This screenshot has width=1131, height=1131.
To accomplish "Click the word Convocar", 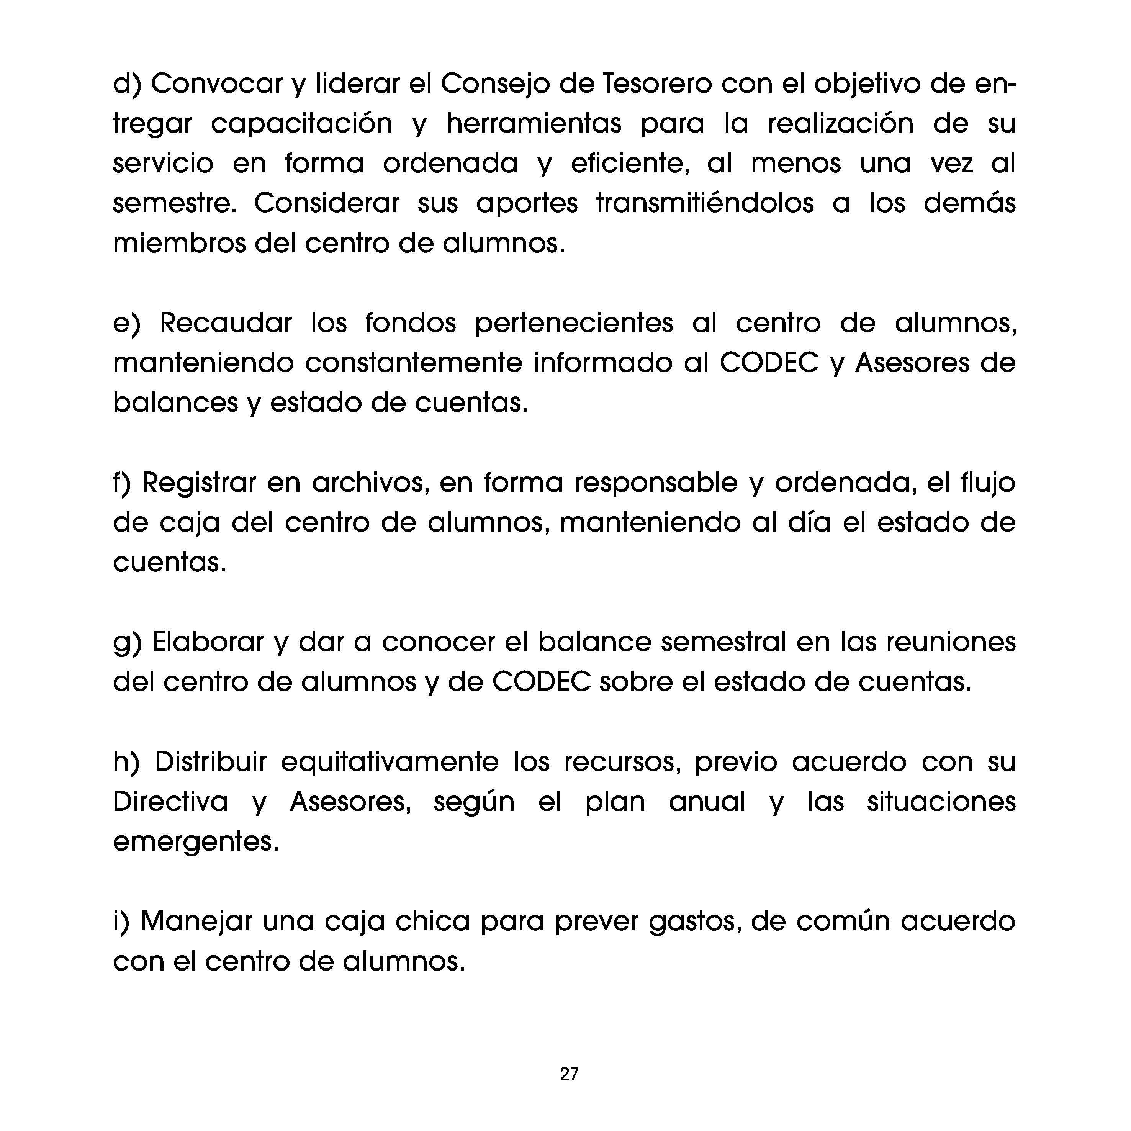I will coord(217,84).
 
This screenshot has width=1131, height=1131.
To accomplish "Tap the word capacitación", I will coord(301,124).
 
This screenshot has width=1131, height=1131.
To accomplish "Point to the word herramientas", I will coord(534,124).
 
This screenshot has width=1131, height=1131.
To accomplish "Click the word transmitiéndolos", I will coord(705,203).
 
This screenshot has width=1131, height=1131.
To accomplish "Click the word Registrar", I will coord(200,483).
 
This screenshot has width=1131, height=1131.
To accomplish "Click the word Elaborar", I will coord(208,642).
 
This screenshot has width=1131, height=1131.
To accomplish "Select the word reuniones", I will coord(951,642).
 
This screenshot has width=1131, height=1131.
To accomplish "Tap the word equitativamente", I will coord(390,762).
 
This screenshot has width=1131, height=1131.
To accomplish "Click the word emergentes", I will coord(196,842).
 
